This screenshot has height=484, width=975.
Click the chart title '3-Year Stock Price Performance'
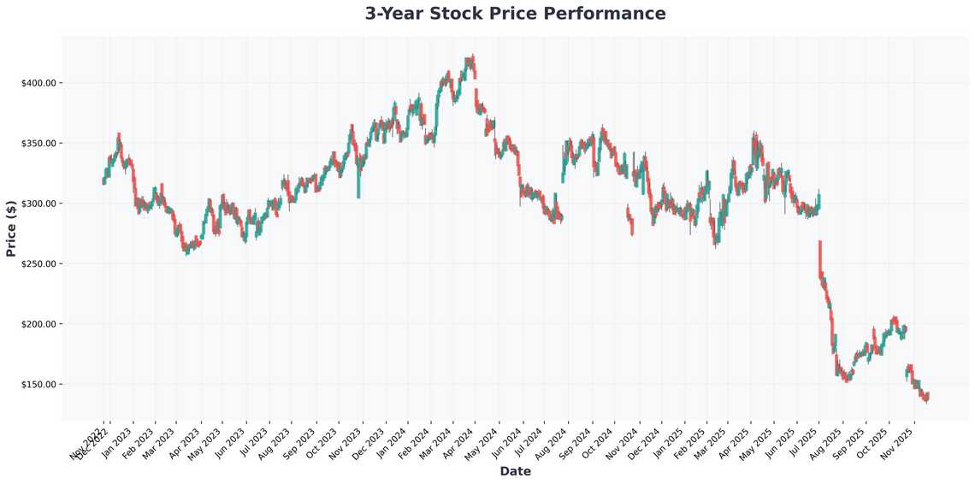tap(515, 14)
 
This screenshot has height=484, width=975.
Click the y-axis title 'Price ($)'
tap(11, 228)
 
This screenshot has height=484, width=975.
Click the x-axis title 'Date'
tap(515, 471)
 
